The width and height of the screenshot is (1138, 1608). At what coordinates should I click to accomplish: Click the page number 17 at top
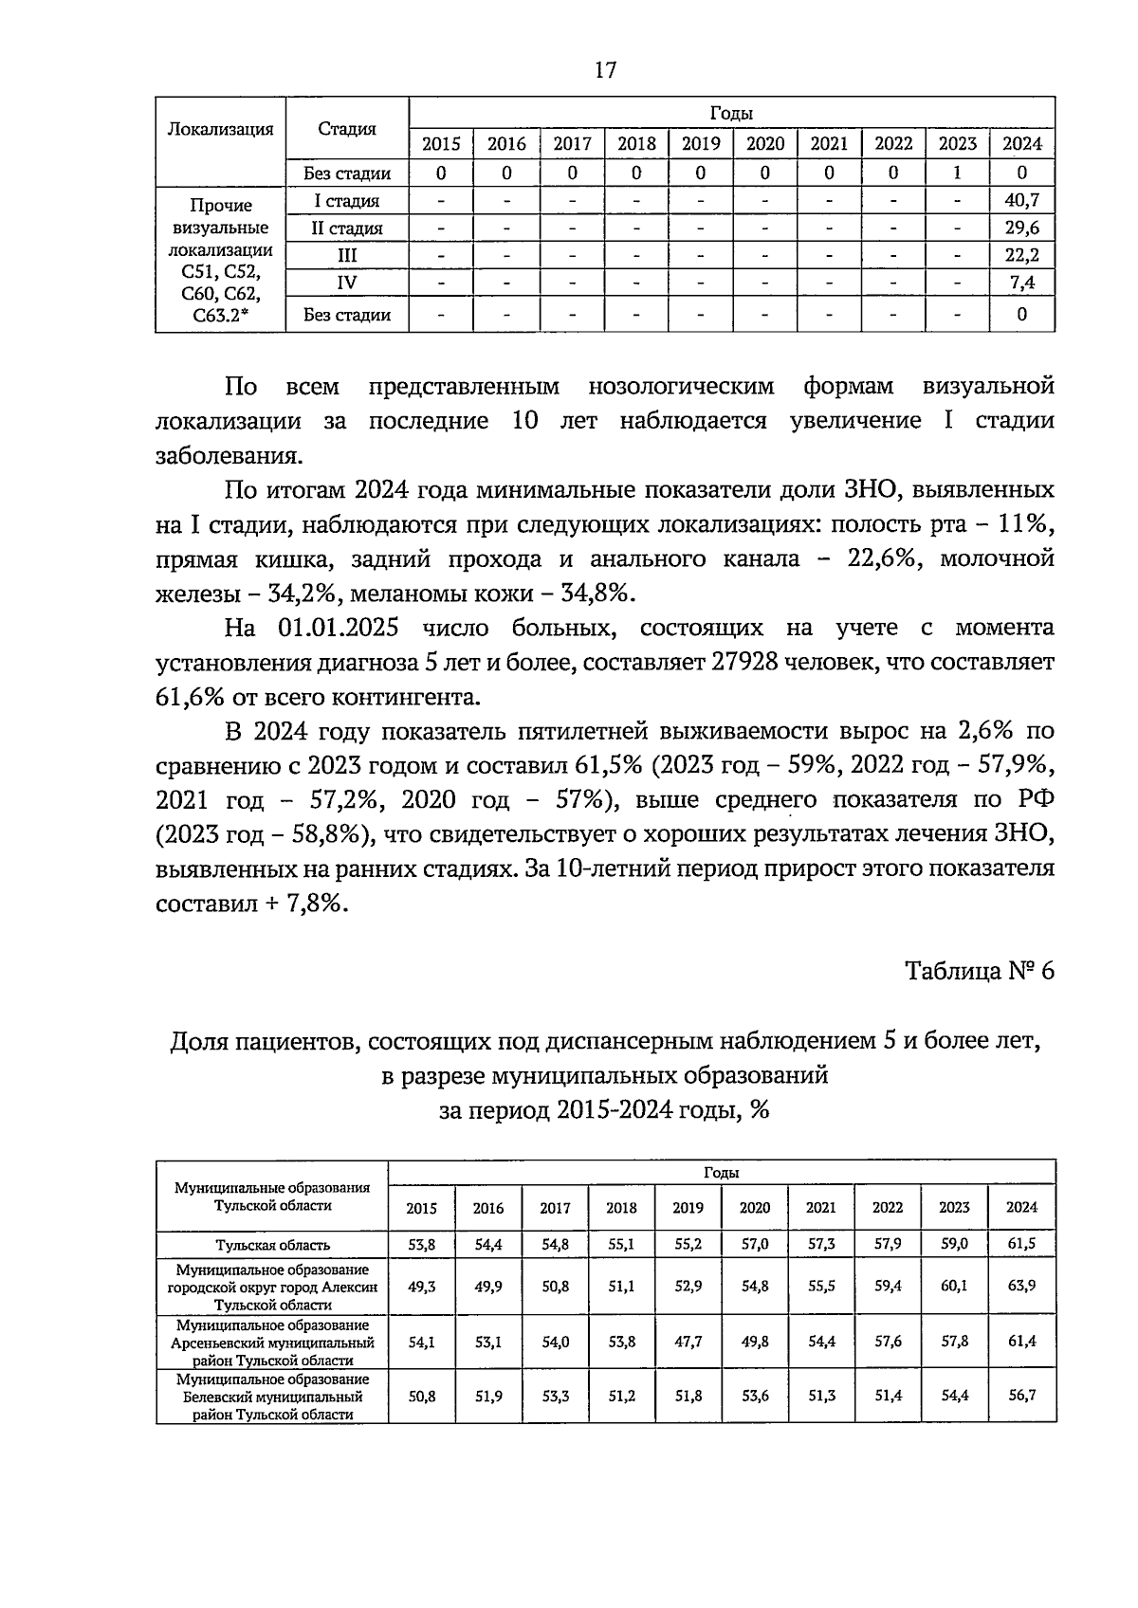pos(605,69)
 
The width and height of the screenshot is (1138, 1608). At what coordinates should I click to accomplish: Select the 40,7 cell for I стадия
pos(1021,200)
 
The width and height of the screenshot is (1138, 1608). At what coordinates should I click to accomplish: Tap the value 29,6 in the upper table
pos(1021,228)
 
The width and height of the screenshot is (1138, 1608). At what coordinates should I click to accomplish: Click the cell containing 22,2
pos(1021,255)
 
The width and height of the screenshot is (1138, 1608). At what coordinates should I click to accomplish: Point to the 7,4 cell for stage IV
pos(1021,283)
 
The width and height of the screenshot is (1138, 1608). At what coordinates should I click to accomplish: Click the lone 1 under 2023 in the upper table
pos(957,173)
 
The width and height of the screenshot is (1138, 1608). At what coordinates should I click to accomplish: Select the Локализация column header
pos(220,130)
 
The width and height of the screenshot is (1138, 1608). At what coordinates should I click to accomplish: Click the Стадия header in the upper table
pos(346,130)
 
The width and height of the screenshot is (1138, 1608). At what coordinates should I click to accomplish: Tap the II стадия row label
pos(346,228)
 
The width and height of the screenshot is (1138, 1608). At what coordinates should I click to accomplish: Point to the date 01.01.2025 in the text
pos(338,628)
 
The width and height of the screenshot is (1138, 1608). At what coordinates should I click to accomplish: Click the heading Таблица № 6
pos(979,971)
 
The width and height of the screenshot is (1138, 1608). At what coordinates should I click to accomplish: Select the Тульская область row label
pos(272,1245)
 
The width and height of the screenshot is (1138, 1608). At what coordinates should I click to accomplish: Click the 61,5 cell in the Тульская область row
pos(1021,1244)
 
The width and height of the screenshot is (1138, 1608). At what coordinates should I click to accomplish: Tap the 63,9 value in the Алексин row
pos(1021,1286)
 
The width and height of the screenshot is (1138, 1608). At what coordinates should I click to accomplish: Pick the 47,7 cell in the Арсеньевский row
pos(688,1342)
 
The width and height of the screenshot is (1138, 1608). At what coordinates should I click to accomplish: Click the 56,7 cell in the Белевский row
pos(1021,1396)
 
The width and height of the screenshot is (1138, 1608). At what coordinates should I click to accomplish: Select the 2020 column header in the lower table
pos(754,1208)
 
